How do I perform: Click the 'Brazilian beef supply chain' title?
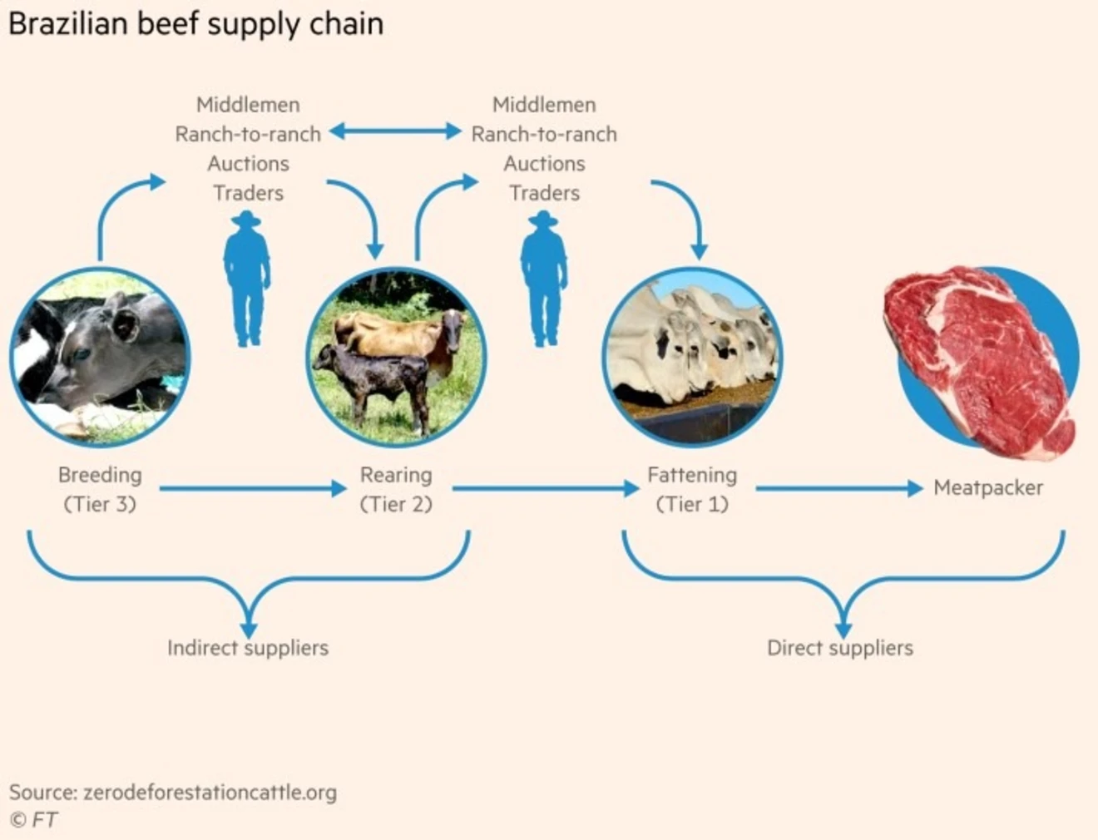[x=196, y=23]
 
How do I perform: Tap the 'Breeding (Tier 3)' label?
[x=100, y=489]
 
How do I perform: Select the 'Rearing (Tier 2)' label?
[x=396, y=489]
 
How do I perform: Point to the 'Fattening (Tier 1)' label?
[x=692, y=489]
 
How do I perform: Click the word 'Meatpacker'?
[x=988, y=487]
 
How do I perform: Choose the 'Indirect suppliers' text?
[x=248, y=648]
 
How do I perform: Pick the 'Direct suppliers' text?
[x=840, y=648]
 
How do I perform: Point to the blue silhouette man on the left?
[x=247, y=279]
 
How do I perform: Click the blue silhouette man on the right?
[x=544, y=279]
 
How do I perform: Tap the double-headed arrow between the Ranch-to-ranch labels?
[x=395, y=131]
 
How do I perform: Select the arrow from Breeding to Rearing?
[x=252, y=488]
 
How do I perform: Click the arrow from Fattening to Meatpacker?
[x=838, y=488]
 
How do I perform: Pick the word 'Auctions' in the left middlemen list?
[x=248, y=164]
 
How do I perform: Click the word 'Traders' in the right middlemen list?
[x=544, y=193]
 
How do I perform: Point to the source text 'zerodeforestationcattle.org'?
[x=210, y=793]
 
